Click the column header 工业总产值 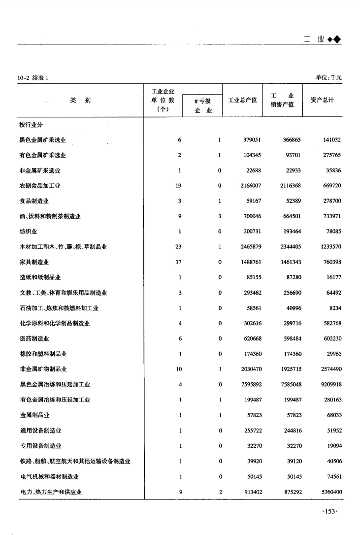242,100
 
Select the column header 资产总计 322,100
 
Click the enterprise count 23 179,247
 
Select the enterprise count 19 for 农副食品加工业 179,186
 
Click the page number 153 329,512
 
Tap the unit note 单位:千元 328,77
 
